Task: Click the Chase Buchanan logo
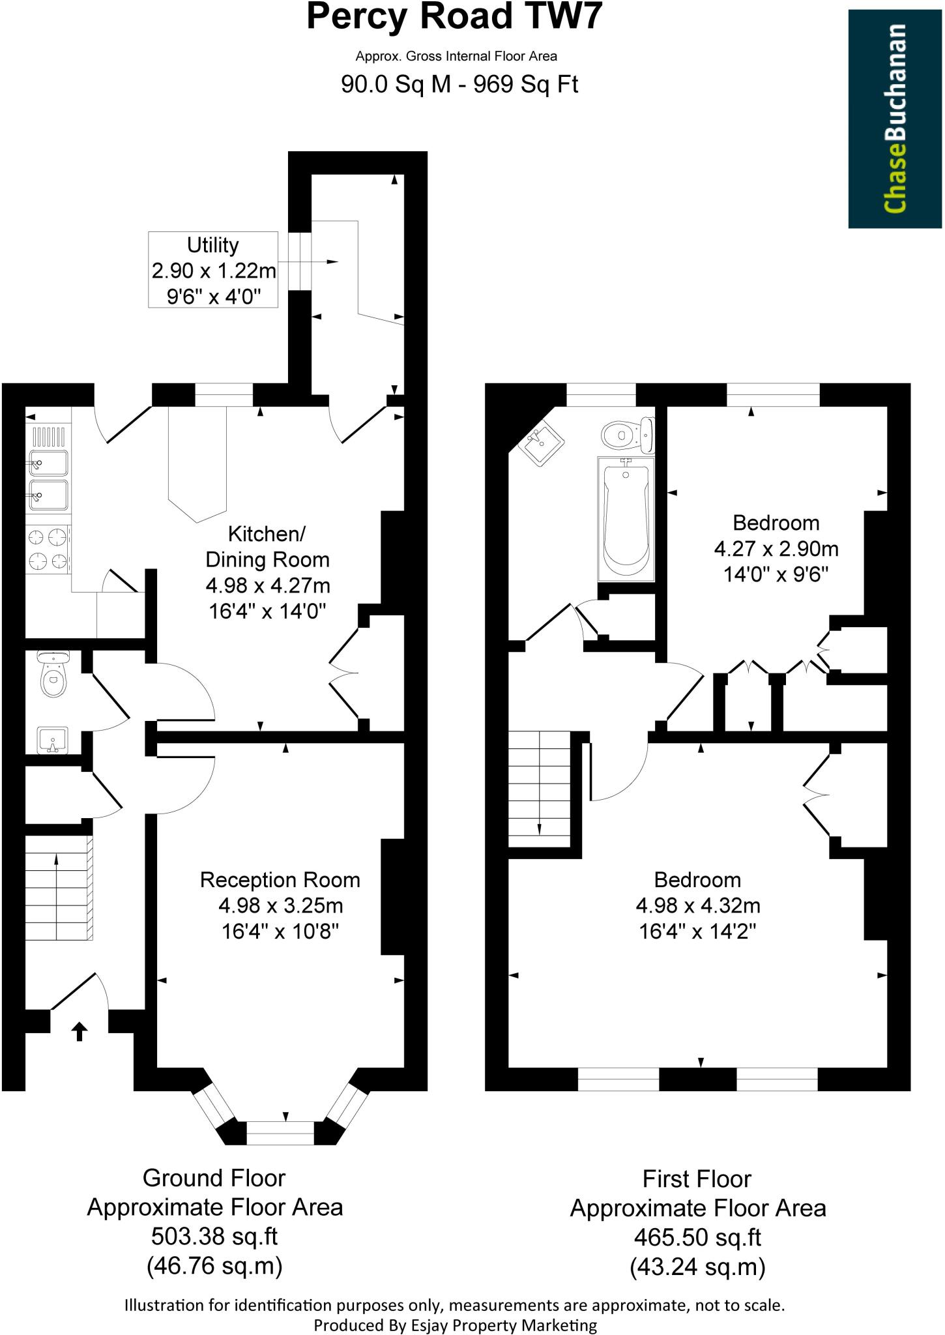895,119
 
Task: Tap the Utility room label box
212,270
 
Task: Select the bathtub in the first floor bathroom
626,518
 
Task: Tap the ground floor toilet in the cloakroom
53,675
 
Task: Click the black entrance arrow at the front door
79,1031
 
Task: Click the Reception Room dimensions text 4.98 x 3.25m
280,905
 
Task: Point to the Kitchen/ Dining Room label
267,547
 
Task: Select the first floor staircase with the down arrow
540,789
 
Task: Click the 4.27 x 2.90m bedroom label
776,548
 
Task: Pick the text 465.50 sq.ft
697,1237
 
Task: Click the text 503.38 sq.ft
214,1236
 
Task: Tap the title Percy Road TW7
454,18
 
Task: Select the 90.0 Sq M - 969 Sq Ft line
459,85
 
